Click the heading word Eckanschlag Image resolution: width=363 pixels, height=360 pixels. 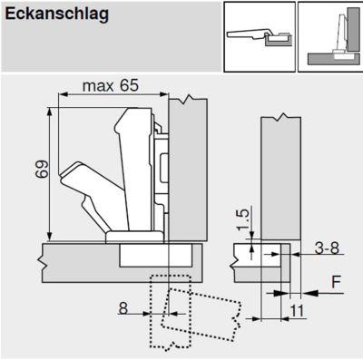(x=57, y=15)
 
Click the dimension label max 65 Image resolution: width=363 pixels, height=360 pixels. (x=111, y=85)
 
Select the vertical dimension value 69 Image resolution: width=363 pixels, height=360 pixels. (x=42, y=170)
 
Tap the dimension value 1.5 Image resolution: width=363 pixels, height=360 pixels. (x=243, y=219)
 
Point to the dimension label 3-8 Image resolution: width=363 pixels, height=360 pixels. (x=327, y=248)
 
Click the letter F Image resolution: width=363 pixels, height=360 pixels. (x=336, y=282)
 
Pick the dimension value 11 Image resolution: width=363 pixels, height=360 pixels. (x=297, y=311)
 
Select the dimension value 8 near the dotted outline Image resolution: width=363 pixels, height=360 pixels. (x=123, y=308)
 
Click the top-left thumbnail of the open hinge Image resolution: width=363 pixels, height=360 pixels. (x=260, y=37)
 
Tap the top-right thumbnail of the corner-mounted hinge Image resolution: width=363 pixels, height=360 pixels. (x=330, y=37)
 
